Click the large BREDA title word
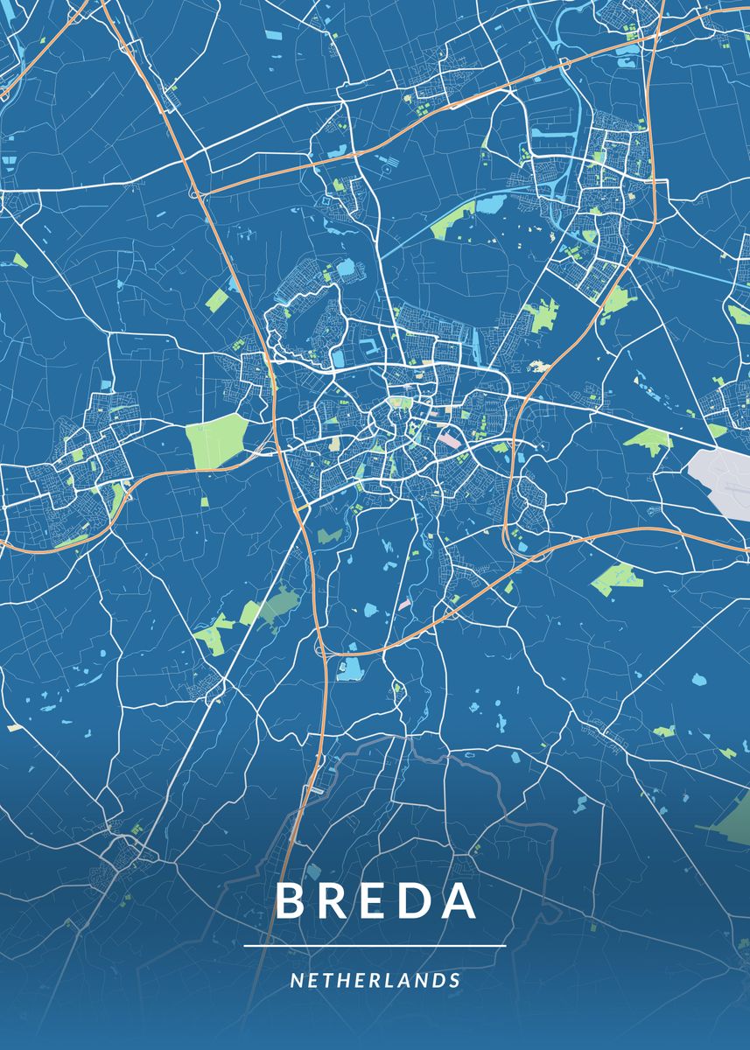click(x=376, y=901)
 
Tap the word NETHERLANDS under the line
click(x=375, y=981)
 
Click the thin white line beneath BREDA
click(x=375, y=946)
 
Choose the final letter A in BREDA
click(x=459, y=901)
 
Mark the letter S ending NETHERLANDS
click(x=455, y=981)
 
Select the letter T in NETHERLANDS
click(x=328, y=981)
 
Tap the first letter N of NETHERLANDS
click(x=296, y=981)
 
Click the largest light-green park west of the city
click(x=216, y=439)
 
